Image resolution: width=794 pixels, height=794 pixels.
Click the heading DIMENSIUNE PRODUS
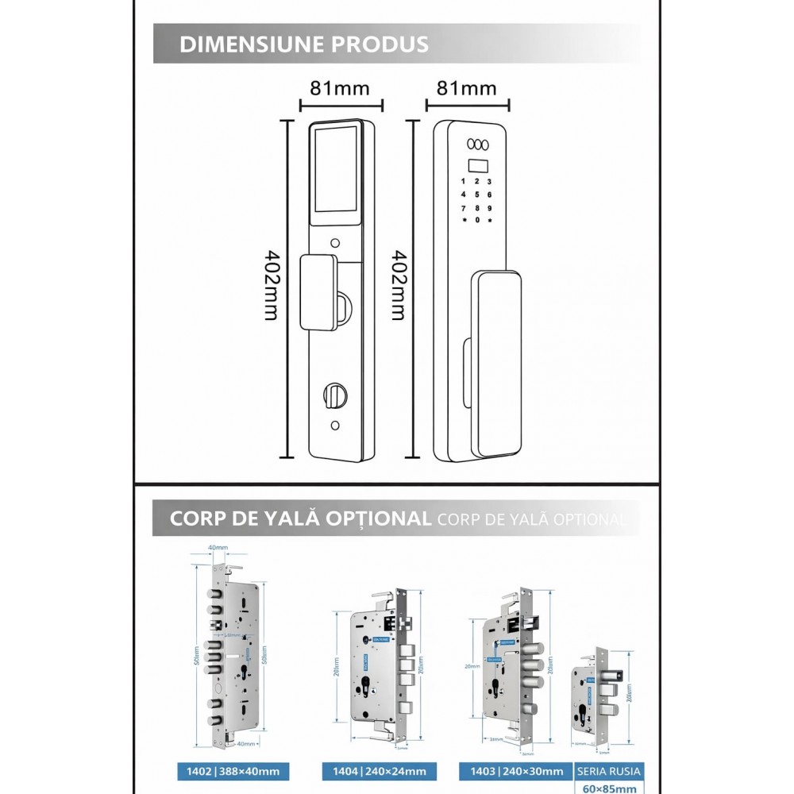click(x=304, y=44)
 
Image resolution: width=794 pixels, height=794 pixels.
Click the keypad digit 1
click(x=462, y=181)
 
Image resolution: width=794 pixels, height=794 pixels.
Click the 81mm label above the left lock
click(x=340, y=87)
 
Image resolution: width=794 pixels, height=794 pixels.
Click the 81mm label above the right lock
click(x=467, y=87)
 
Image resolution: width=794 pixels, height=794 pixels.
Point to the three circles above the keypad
click(x=476, y=144)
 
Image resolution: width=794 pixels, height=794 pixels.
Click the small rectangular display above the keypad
click(x=476, y=167)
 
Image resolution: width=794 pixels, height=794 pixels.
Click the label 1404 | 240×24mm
click(x=373, y=771)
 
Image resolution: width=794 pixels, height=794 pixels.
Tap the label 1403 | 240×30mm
click(x=515, y=771)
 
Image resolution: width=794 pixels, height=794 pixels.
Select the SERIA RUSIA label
click(x=607, y=771)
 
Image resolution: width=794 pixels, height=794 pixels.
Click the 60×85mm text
click(x=607, y=788)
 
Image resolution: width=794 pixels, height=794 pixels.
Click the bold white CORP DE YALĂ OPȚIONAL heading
click(x=300, y=519)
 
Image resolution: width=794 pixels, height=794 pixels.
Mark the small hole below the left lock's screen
click(x=334, y=242)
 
